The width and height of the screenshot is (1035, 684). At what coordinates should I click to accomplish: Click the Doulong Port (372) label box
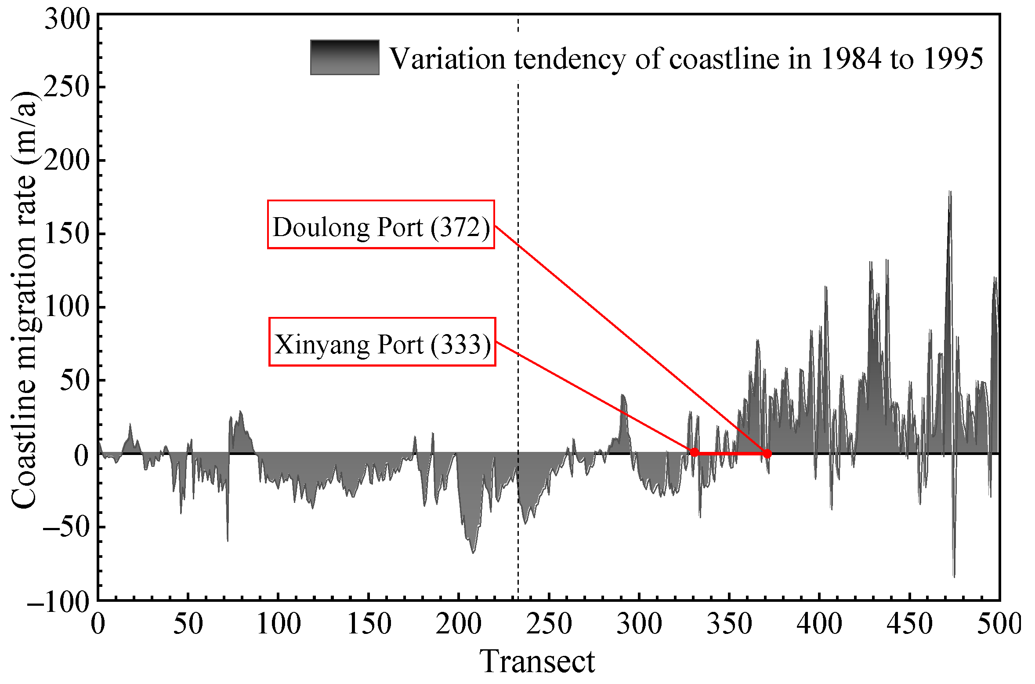click(x=381, y=225)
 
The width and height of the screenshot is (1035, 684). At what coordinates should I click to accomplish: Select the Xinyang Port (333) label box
click(x=382, y=342)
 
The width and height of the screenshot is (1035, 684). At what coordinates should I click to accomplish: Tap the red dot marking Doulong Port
click(x=767, y=454)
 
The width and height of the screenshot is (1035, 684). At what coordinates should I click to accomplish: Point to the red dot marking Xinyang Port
click(x=694, y=452)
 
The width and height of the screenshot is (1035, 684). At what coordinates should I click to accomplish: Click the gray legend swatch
click(x=344, y=58)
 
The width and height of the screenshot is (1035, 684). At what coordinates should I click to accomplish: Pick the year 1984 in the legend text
click(x=851, y=59)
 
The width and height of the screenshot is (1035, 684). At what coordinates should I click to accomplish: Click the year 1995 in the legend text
click(x=954, y=59)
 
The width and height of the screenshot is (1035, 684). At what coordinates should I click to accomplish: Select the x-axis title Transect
click(x=537, y=661)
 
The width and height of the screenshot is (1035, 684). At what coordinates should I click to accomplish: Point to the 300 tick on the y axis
click(x=67, y=19)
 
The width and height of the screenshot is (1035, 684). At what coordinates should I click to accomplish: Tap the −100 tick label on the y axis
click(x=58, y=602)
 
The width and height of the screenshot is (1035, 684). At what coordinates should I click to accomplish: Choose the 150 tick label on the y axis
click(x=67, y=233)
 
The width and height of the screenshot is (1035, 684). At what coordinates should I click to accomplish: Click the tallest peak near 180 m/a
click(x=950, y=192)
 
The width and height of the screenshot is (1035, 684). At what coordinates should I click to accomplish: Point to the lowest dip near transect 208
click(x=473, y=553)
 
